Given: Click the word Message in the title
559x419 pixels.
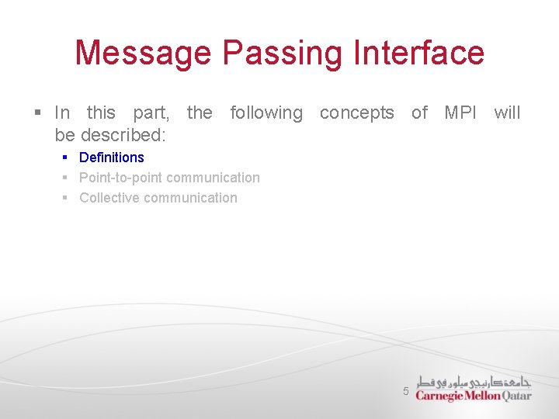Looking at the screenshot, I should coord(144,53).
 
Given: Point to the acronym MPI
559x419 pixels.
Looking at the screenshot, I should coord(460,113).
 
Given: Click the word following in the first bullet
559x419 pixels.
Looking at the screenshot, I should coord(266,113).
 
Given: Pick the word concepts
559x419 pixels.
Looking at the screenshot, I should coord(356,113).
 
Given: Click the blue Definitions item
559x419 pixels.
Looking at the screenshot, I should coord(112,158).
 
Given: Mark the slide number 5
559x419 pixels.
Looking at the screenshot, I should coord(405,392).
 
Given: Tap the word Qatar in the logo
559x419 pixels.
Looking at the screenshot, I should coord(517,396).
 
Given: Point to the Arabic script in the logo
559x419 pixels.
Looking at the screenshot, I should coord(474,382).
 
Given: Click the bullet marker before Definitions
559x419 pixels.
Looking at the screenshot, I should coord(66,158).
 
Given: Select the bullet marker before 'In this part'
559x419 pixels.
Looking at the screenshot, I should coord(37,113).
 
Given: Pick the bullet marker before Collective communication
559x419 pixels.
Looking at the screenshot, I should coord(66,198).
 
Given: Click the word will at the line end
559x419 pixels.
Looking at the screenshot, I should coord(507,113).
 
